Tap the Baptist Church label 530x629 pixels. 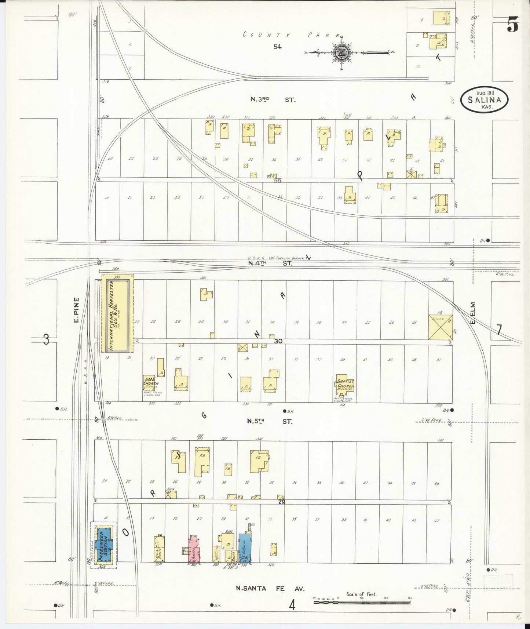tap(346, 384)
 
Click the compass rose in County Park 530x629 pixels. tap(342, 52)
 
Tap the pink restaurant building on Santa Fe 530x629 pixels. tap(195, 548)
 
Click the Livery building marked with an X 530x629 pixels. tap(441, 327)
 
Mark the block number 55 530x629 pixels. tap(278, 181)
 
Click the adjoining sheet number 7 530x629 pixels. tap(499, 330)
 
